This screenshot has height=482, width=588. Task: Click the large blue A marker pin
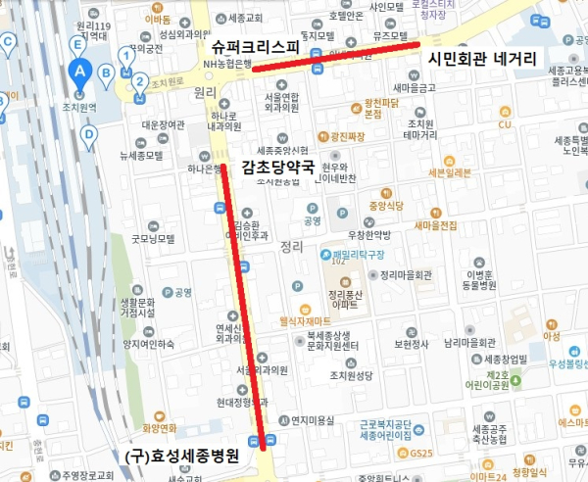[x=81, y=71]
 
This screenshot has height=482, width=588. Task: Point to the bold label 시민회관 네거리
[x=482, y=59]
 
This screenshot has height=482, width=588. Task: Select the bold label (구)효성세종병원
[x=183, y=457]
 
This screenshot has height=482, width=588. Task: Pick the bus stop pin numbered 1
[x=126, y=57]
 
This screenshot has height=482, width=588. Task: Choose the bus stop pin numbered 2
[x=140, y=81]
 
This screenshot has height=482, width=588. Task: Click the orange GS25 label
[x=421, y=453]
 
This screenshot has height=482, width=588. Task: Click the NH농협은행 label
[x=227, y=64]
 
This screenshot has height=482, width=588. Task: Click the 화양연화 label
[x=160, y=427]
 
